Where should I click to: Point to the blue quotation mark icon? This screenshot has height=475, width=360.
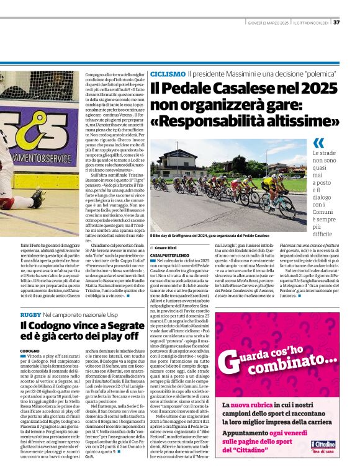(318, 143)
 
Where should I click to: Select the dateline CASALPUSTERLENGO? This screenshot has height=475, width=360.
(173, 255)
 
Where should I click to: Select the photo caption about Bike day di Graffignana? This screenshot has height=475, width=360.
(209, 236)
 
